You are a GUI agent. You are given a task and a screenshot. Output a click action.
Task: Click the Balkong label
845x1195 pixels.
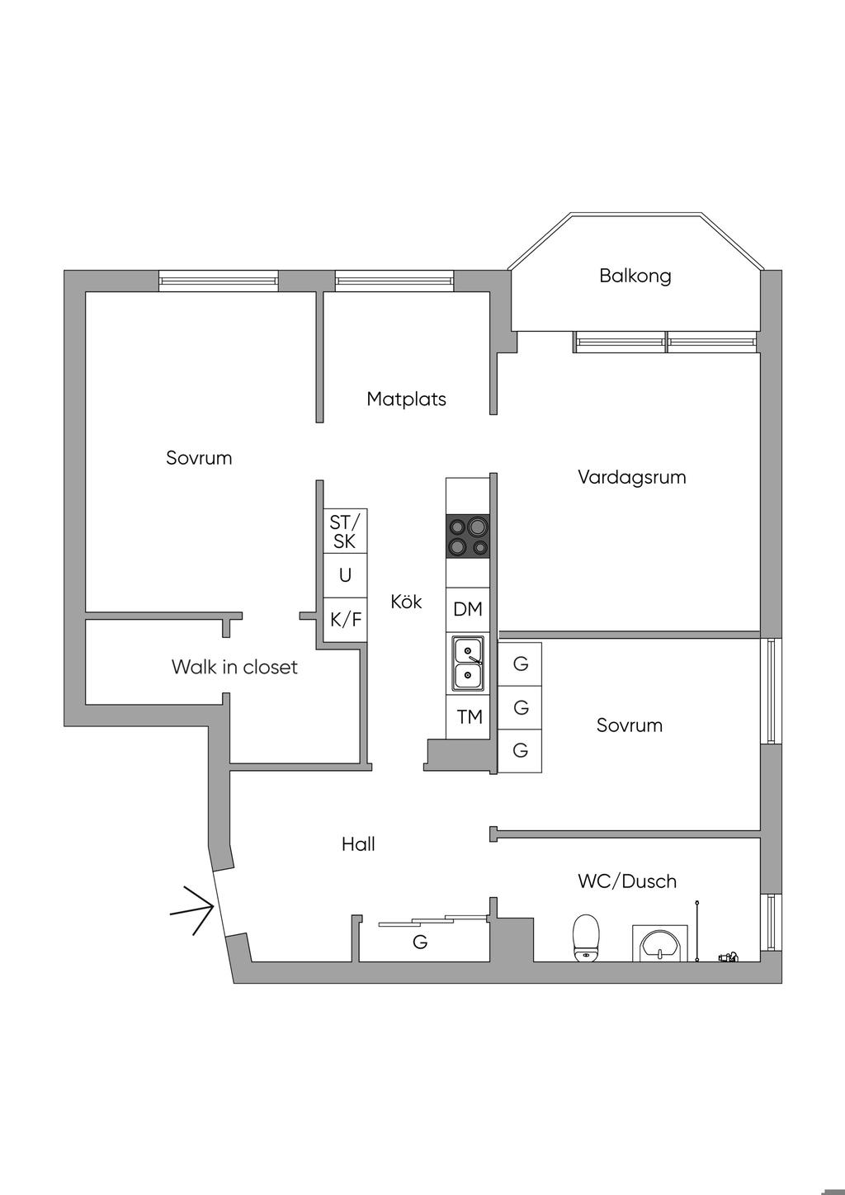click(635, 276)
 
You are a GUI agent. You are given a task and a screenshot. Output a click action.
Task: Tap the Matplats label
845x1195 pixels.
click(406, 399)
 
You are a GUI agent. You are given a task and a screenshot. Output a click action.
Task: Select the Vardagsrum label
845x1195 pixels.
click(631, 477)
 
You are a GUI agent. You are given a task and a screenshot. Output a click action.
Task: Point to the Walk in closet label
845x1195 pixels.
click(234, 667)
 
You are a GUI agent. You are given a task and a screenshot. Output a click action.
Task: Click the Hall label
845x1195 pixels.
click(358, 844)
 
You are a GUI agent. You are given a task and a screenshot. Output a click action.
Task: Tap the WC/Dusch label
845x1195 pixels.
click(627, 881)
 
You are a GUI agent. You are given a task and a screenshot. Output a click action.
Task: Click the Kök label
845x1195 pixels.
click(406, 602)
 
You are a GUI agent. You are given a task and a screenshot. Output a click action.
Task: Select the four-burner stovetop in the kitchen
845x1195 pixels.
click(467, 536)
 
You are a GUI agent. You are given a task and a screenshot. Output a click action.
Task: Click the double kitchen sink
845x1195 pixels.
click(468, 664)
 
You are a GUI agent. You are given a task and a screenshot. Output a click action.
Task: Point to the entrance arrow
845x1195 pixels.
click(192, 910)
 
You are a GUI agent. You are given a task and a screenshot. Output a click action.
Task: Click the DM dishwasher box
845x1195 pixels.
click(467, 609)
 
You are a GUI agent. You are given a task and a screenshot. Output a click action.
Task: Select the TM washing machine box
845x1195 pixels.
click(468, 717)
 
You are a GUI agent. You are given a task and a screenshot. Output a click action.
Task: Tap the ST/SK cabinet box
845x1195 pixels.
click(345, 531)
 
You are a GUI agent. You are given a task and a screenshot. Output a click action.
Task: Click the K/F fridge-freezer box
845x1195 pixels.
click(345, 620)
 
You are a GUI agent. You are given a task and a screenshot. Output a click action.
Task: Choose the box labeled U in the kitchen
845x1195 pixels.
click(345, 575)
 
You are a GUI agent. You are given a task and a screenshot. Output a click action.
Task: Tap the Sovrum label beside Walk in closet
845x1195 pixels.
click(198, 458)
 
